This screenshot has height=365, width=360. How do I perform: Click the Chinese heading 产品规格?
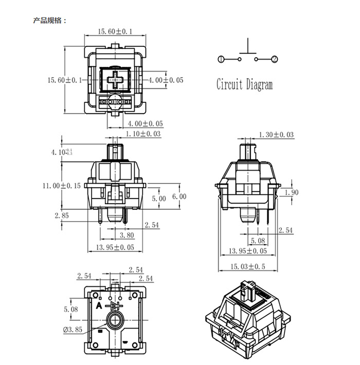click(49, 21)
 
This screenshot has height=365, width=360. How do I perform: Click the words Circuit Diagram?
click(244, 84)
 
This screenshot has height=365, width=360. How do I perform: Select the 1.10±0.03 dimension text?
click(143, 134)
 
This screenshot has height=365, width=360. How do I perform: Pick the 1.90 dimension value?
click(291, 192)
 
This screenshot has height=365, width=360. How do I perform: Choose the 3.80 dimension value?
click(127, 236)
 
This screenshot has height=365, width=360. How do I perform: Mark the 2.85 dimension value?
click(61, 215)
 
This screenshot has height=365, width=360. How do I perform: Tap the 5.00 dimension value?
click(159, 198)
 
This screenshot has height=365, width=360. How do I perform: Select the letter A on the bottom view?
click(99, 305)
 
